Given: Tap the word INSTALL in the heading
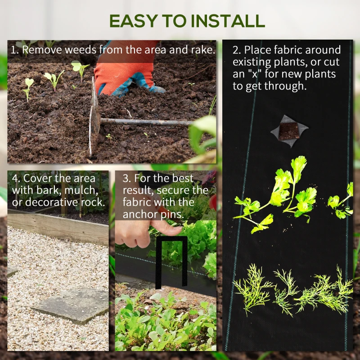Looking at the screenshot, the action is pyautogui.click(x=228, y=21).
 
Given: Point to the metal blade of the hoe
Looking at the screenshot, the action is pyautogui.click(x=94, y=117).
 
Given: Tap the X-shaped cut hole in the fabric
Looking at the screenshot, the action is pyautogui.click(x=289, y=131).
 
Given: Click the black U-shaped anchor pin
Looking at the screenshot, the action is pyautogui.click(x=171, y=262).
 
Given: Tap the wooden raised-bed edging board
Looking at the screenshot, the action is pyautogui.click(x=58, y=227).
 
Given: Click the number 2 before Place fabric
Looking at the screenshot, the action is pyautogui.click(x=236, y=50).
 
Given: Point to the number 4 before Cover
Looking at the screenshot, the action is pyautogui.click(x=15, y=178).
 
